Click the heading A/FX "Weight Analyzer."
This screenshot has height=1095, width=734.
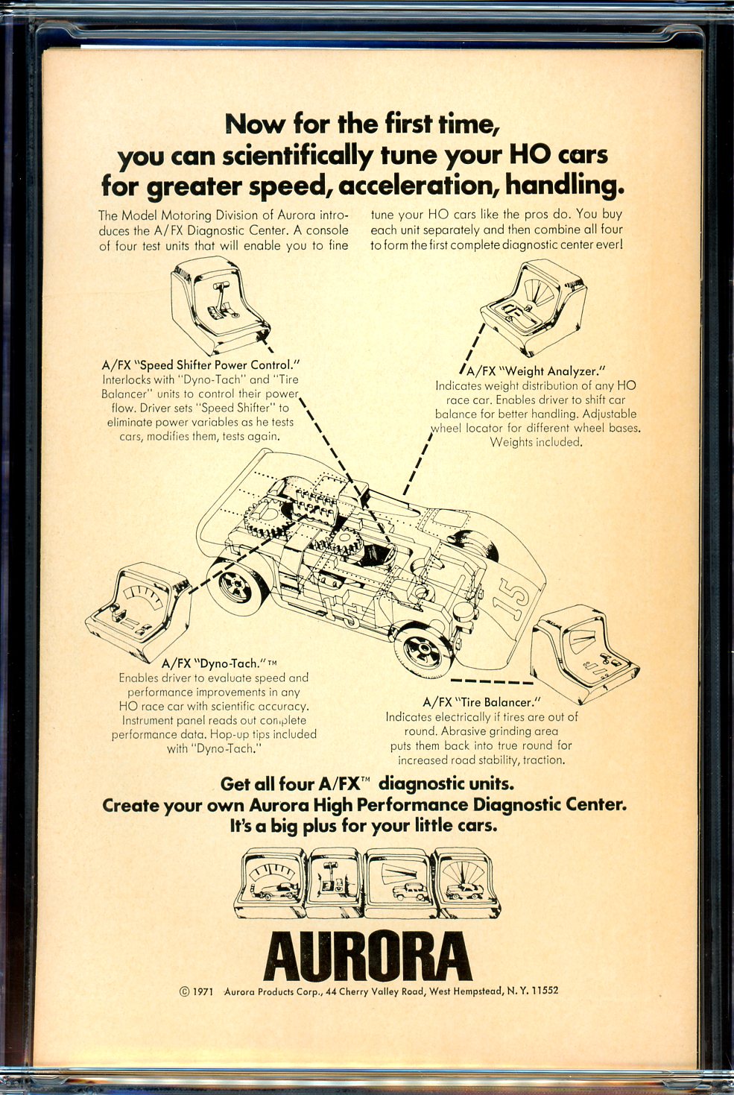[x=537, y=371]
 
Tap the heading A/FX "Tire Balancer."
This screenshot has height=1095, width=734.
[x=482, y=702]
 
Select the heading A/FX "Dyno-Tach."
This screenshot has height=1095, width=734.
[x=219, y=663]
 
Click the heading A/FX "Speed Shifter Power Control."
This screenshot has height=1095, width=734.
[x=200, y=365]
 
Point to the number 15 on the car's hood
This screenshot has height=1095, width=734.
[x=514, y=596]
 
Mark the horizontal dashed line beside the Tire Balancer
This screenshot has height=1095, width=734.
[x=491, y=681]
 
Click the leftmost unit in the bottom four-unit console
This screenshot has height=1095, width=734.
[x=270, y=881]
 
